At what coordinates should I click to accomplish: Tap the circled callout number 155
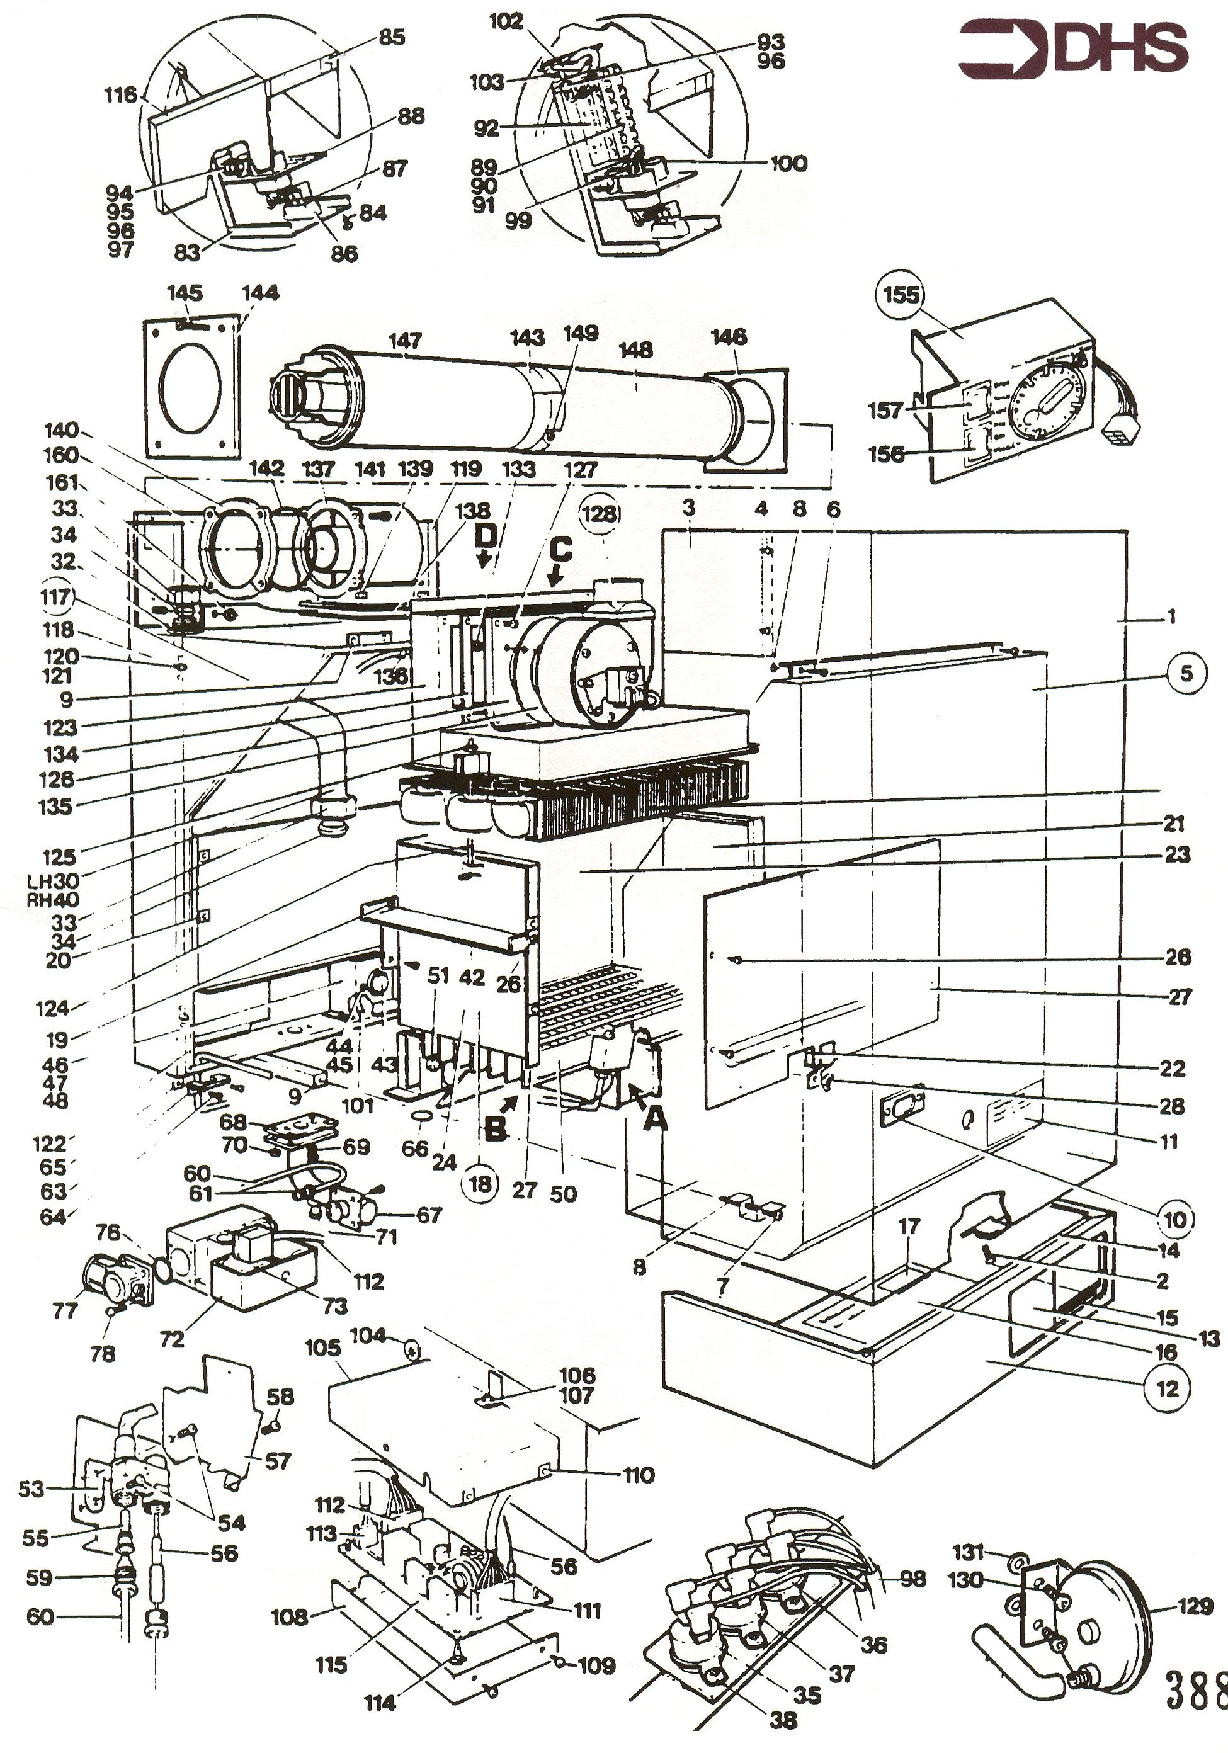pos(901,295)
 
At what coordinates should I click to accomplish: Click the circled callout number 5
pos(1186,672)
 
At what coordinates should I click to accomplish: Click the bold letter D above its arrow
pos(484,536)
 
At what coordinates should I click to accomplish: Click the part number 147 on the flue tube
pos(405,341)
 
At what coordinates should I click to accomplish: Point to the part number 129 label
pos(1195,1606)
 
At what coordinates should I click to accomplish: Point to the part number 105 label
pos(322,1347)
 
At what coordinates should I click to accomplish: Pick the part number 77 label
pos(65,1310)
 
